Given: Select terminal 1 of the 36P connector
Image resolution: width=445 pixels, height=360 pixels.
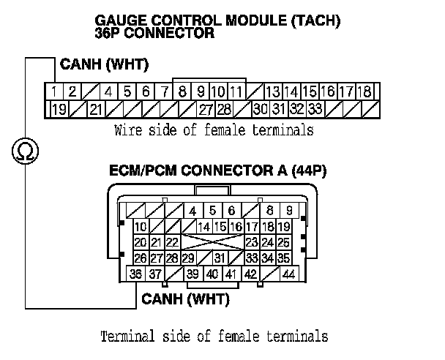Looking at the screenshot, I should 55,91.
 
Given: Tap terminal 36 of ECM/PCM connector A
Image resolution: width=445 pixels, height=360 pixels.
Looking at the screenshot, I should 135,274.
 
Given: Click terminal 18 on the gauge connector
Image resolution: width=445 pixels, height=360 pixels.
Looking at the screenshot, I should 364,91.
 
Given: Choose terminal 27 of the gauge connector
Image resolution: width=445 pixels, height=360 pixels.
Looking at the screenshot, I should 206,109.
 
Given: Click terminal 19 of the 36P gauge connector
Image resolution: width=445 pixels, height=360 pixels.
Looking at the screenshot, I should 59,109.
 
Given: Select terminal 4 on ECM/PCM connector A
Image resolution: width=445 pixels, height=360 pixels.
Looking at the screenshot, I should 192,211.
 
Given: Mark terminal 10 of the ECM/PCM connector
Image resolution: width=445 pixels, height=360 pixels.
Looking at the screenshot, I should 140,226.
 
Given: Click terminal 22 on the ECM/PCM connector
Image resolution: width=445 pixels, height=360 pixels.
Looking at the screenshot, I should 172,242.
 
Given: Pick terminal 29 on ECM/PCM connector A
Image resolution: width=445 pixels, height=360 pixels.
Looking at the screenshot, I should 188,258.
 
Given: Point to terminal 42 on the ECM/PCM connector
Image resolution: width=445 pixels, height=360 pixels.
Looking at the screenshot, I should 250,274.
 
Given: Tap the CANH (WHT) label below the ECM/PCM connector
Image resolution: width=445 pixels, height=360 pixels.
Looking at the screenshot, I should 185,299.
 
